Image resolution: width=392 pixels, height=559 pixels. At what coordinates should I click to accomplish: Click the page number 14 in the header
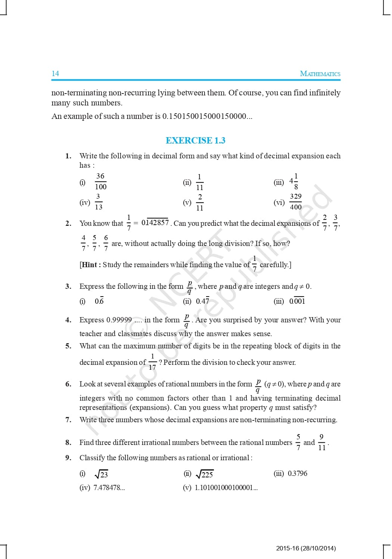tap(55, 73)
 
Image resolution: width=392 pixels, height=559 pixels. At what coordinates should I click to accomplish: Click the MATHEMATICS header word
tap(320, 74)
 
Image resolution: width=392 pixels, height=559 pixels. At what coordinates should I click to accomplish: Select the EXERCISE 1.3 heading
tap(195, 140)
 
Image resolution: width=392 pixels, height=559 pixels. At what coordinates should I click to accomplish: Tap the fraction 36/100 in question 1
tap(100, 181)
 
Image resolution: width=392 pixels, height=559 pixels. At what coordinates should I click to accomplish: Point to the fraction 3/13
tap(98, 202)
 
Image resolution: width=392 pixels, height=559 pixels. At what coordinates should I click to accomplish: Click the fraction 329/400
tap(295, 202)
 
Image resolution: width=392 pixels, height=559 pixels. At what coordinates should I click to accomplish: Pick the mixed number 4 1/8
tap(294, 181)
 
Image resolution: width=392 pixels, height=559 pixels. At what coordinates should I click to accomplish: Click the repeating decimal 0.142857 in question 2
tap(155, 222)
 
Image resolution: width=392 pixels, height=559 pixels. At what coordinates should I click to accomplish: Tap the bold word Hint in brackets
tap(90, 265)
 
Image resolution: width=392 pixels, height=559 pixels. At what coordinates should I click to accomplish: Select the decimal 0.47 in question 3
tap(202, 301)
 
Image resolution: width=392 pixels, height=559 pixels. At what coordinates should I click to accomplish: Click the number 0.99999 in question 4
tap(119, 320)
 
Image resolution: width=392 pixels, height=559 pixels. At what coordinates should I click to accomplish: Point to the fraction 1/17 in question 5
tap(152, 362)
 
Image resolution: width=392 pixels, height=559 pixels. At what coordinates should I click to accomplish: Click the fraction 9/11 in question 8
tap(321, 442)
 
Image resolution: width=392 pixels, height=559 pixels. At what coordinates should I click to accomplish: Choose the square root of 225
tap(205, 474)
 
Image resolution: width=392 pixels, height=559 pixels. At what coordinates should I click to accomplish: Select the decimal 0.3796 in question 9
tap(298, 473)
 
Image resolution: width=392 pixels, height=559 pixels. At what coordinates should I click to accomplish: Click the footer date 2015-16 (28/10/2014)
tap(306, 548)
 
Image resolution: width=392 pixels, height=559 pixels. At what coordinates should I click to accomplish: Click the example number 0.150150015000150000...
tap(207, 116)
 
